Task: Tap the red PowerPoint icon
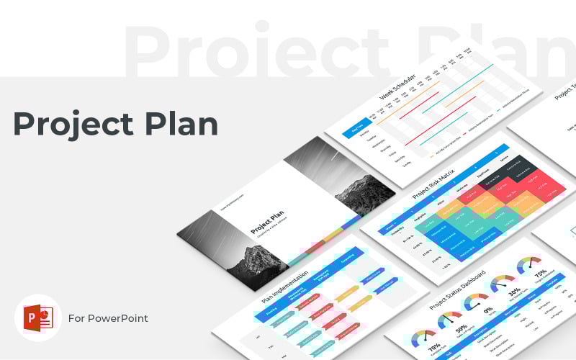point(37,317)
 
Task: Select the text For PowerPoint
point(108,318)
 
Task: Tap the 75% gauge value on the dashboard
point(540,273)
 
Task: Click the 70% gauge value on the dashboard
point(436,346)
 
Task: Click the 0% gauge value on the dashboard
point(488,311)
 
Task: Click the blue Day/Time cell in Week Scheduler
point(356,130)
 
